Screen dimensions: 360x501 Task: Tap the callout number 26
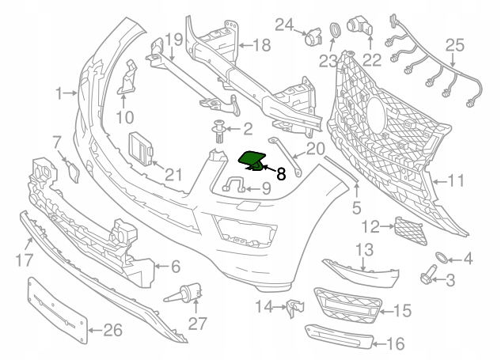(113, 330)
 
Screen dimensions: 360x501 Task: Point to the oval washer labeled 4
(442, 258)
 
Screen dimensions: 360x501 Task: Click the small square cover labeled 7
(71, 169)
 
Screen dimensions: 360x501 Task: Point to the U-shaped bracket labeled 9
(232, 187)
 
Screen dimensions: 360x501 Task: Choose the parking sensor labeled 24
(315, 35)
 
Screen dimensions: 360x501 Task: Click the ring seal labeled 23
(335, 31)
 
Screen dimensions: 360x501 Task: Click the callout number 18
(260, 47)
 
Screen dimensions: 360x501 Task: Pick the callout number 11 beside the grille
(455, 180)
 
